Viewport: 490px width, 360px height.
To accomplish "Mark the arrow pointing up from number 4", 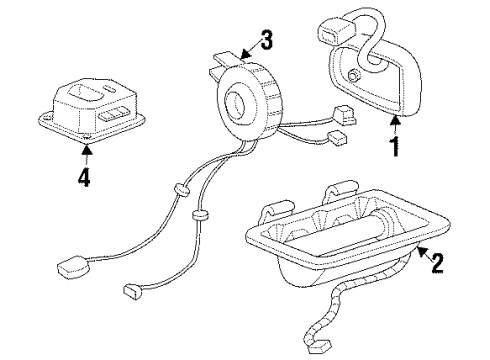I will [85, 156].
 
